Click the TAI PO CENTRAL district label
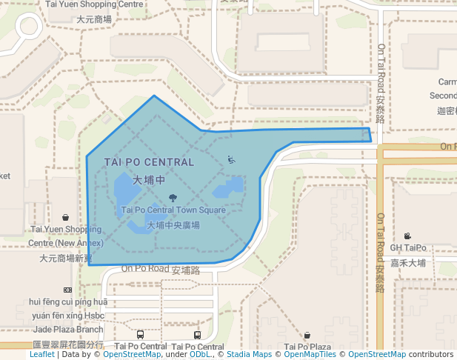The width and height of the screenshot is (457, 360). coord(150,161)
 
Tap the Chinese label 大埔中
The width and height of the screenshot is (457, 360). coord(148,180)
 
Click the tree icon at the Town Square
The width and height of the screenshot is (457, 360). coord(173,198)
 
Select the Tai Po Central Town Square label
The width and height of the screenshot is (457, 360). coord(173,210)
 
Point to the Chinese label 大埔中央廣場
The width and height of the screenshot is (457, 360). coord(173,224)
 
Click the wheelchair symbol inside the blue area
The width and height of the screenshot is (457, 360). coord(231,159)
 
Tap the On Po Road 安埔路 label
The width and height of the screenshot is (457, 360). coord(161,270)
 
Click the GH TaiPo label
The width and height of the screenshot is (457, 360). coord(408,247)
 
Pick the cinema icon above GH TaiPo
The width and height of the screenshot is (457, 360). coord(408,235)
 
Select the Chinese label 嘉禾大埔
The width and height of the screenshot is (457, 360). coord(408,262)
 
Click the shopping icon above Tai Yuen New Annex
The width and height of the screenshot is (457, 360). coord(66,217)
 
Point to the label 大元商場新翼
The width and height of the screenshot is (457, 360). coord(66,258)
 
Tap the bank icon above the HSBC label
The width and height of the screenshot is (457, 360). coord(67,290)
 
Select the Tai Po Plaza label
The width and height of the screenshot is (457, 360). coord(307,347)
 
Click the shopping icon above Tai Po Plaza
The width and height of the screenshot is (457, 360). coord(307,336)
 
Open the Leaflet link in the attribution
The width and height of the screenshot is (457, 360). coord(42,355)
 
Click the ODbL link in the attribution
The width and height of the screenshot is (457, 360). coord(200,355)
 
